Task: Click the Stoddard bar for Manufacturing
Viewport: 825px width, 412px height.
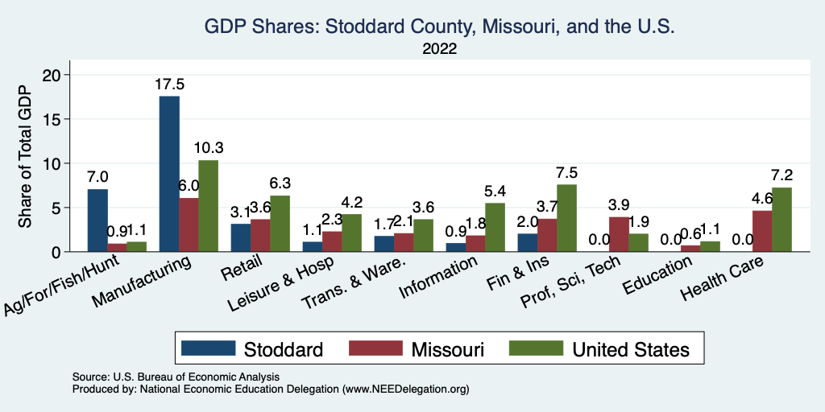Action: (x=169, y=174)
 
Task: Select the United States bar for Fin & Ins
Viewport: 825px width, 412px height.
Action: (x=566, y=218)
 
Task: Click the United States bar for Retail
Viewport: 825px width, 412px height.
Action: (x=280, y=224)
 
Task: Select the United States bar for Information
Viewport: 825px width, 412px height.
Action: (x=495, y=227)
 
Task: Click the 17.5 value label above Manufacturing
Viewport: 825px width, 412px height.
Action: (x=169, y=84)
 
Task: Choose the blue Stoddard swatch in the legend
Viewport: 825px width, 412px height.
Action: (x=208, y=348)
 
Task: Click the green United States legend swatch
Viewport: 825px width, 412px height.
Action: (x=536, y=348)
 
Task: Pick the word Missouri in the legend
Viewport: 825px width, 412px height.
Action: (x=447, y=349)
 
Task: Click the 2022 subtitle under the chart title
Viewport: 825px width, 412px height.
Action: (x=439, y=49)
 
